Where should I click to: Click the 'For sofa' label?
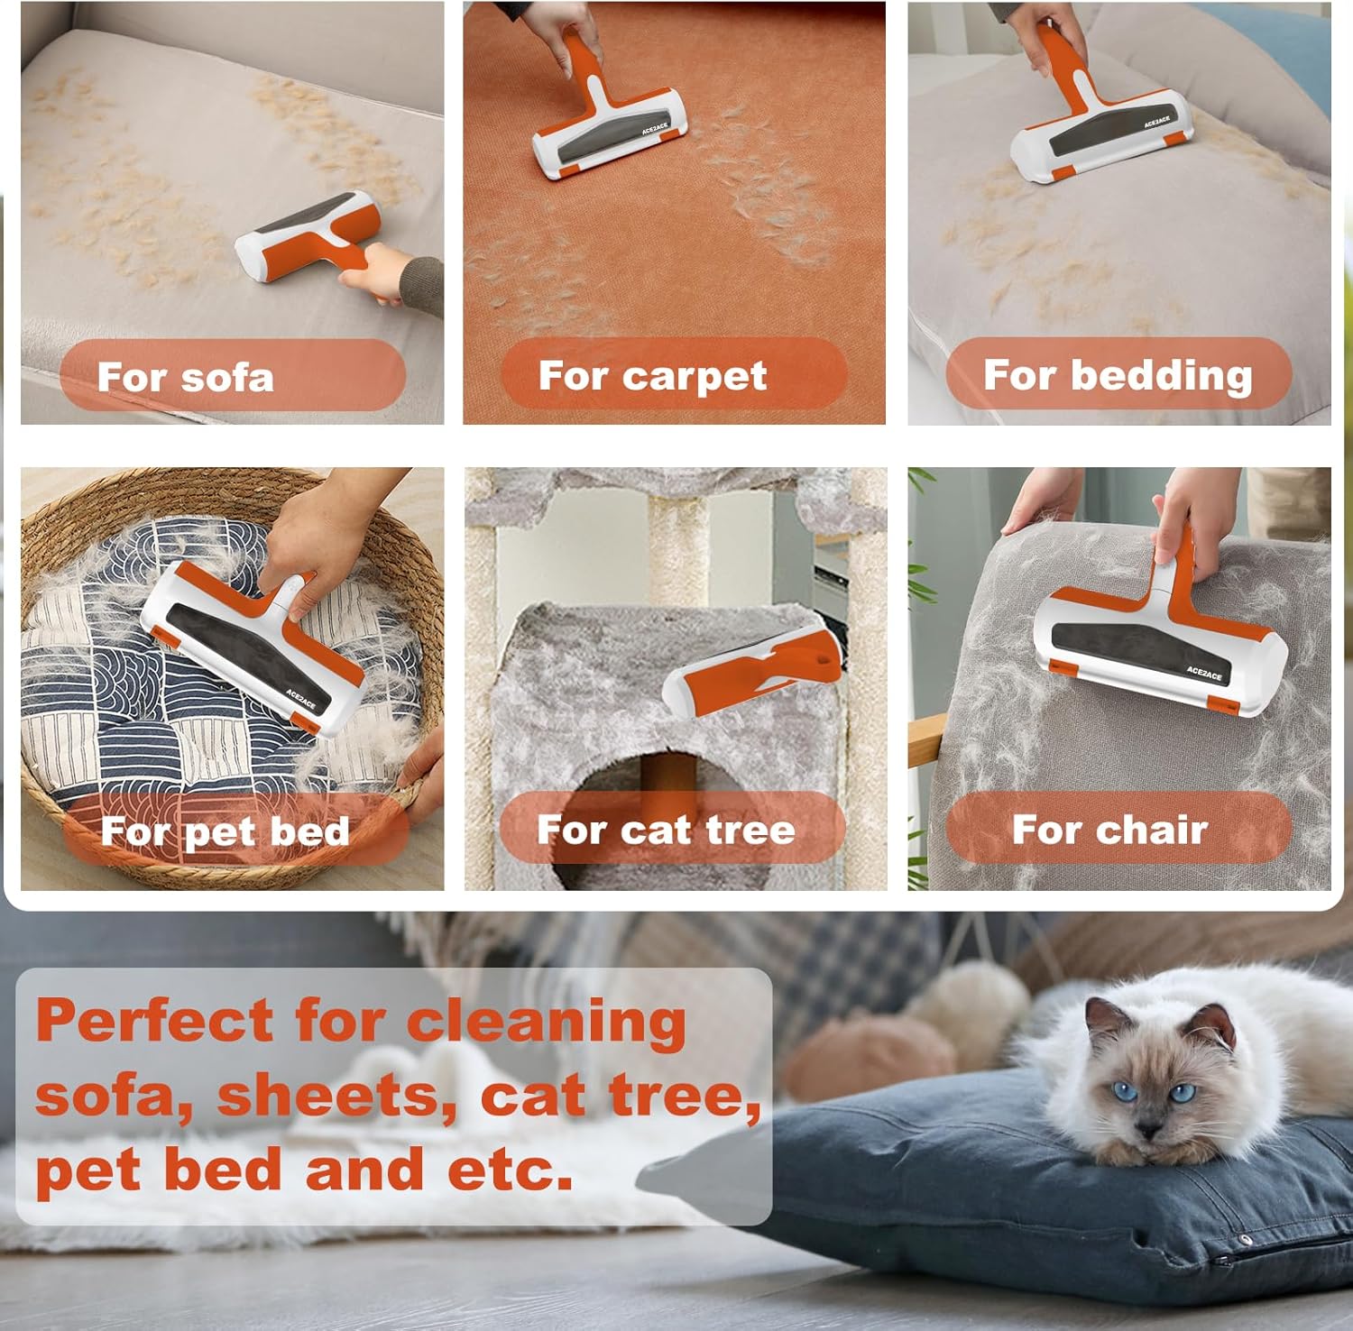coord(185,377)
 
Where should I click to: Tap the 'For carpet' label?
coord(652,375)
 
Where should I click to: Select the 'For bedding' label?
coord(1118,375)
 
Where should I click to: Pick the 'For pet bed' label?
coord(225,831)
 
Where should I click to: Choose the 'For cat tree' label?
coord(666,829)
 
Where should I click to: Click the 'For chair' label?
coord(1109,829)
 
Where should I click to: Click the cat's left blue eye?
coord(1123,1093)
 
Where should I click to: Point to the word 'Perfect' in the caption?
coord(153,1021)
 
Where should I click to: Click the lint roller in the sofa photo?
coord(307,236)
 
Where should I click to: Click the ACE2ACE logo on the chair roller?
coord(1204,674)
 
